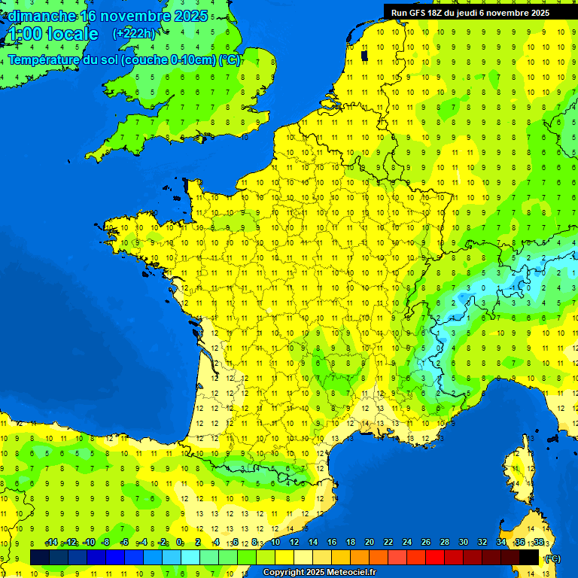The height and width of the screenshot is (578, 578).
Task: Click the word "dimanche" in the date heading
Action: pos(41,16)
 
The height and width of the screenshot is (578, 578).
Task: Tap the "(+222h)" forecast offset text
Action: pos(134,33)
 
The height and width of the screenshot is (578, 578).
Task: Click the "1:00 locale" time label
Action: pos(53,34)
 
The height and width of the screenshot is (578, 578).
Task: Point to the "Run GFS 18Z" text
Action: pos(418,13)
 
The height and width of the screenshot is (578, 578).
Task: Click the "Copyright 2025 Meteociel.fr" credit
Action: pos(319,572)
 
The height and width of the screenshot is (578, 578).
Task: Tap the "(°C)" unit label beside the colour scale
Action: pos(552,558)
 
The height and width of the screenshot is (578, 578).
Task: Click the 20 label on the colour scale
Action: pos(370,542)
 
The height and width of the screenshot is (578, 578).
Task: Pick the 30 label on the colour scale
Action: pos(464,542)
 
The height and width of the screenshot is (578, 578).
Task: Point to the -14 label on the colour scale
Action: pos(51,542)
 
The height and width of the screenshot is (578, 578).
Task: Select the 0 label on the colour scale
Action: pos(179,542)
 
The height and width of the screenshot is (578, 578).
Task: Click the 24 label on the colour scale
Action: pos(407,542)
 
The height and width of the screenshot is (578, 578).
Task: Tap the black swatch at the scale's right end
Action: pos(529,557)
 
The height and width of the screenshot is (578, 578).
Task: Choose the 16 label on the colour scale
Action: pos(332,542)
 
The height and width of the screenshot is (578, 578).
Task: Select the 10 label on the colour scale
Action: pos(275,542)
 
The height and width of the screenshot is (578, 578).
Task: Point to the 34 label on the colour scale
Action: pos(501,542)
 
